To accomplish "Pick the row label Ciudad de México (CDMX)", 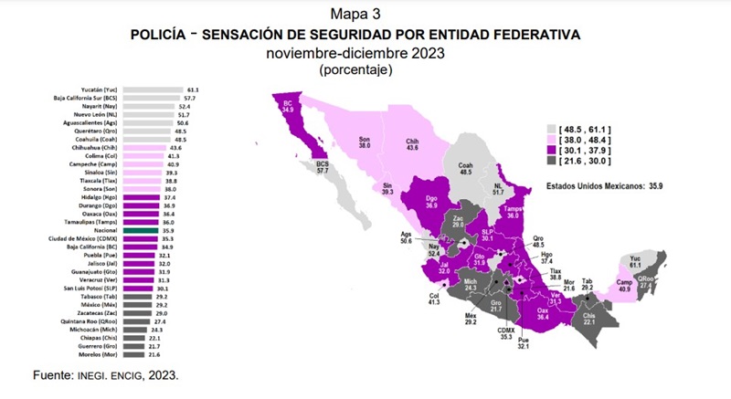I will (x=87, y=241).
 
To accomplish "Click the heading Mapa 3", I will (x=365, y=14).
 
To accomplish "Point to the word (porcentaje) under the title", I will (x=365, y=69).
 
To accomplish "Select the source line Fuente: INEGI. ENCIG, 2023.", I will (x=104, y=374).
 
